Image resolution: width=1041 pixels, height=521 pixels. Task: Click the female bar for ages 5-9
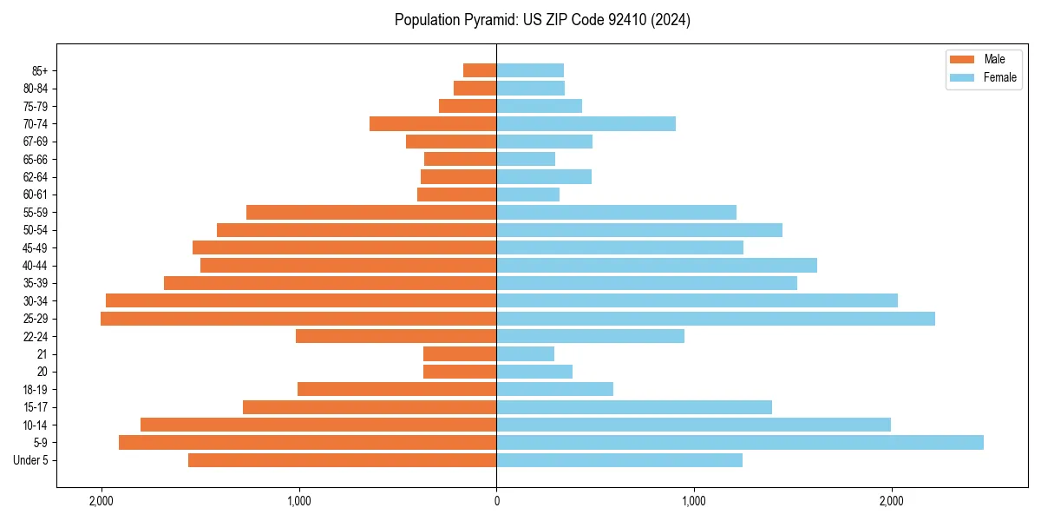click(739, 442)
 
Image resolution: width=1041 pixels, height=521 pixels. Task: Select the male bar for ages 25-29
click(298, 319)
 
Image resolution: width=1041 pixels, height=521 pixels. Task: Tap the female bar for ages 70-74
click(586, 124)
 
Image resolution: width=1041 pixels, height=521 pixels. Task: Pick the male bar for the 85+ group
click(480, 70)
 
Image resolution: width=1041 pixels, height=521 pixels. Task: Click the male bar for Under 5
click(342, 460)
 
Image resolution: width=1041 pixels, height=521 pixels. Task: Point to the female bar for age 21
click(525, 353)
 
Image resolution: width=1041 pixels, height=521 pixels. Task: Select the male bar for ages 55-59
click(371, 212)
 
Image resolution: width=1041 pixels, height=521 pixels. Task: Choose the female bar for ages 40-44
click(657, 265)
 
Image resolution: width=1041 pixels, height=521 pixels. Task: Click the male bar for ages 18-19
click(396, 389)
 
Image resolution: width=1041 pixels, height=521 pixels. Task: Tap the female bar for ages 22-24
click(590, 336)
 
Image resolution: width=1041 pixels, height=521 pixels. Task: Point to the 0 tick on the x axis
click(496, 501)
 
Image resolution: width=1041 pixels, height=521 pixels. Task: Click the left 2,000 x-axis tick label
click(101, 501)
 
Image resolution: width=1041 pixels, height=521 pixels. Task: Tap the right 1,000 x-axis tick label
click(693, 501)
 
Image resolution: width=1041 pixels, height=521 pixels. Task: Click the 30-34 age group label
click(36, 300)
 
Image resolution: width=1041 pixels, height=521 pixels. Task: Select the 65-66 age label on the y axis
click(36, 159)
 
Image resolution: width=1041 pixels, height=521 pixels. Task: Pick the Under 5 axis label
click(31, 460)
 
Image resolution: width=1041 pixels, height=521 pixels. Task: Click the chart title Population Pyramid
click(542, 20)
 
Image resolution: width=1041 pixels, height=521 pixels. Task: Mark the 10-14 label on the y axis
click(36, 425)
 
